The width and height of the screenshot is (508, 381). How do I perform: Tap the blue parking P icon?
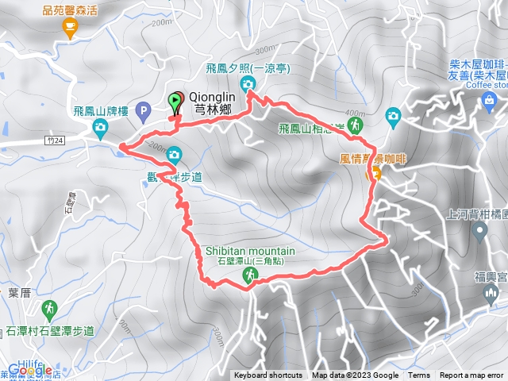pyautogui.click(x=143, y=109)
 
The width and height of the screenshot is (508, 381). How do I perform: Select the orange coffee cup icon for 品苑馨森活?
pyautogui.click(x=69, y=28)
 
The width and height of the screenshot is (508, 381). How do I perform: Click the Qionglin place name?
pyautogui.click(x=210, y=97)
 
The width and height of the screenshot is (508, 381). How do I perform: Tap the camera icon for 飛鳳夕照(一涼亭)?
pyautogui.click(x=248, y=84)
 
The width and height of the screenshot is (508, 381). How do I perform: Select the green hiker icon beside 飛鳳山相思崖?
pyautogui.click(x=355, y=125)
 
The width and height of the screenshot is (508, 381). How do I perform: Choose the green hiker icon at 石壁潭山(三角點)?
pyautogui.click(x=249, y=275)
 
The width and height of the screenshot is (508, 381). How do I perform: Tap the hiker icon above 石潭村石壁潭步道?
pyautogui.click(x=49, y=306)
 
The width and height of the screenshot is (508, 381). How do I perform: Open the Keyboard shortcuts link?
pyautogui.click(x=267, y=375)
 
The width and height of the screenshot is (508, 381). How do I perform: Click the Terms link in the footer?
pyautogui.click(x=419, y=375)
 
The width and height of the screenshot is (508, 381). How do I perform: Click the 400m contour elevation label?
pyautogui.click(x=355, y=112)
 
